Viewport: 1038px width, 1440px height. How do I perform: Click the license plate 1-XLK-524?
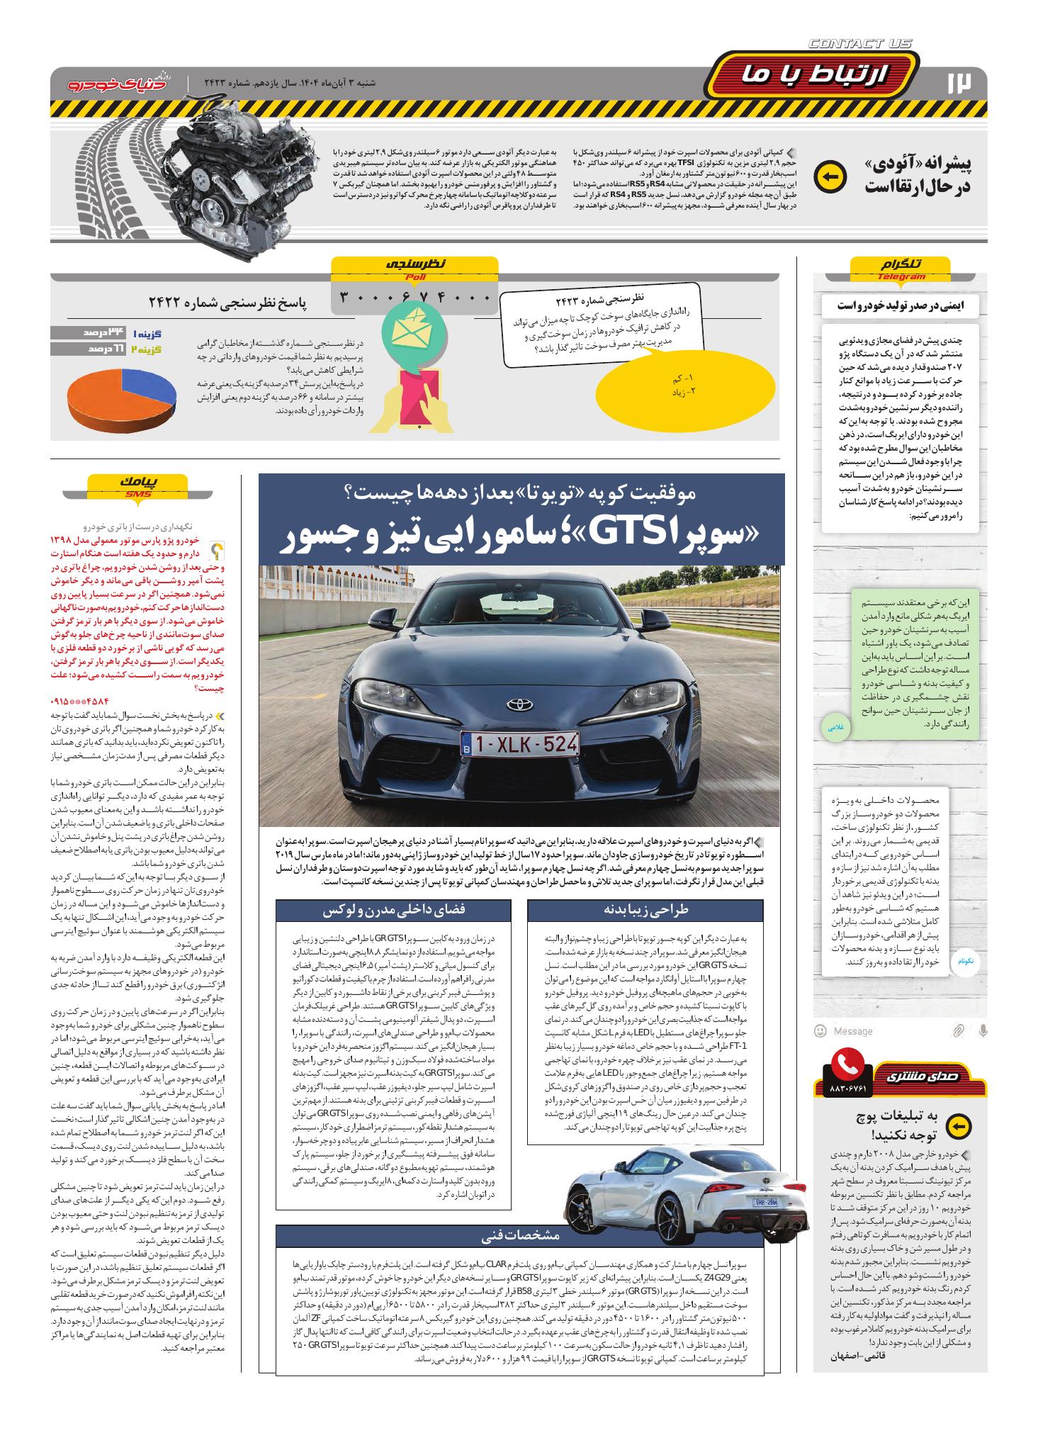tap(519, 743)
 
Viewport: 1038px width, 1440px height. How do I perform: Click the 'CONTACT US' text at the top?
tap(859, 44)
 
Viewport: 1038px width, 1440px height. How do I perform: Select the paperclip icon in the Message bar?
tap(958, 1030)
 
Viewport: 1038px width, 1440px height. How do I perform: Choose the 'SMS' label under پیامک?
tap(139, 494)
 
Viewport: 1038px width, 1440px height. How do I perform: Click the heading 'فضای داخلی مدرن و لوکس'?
tap(393, 910)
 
